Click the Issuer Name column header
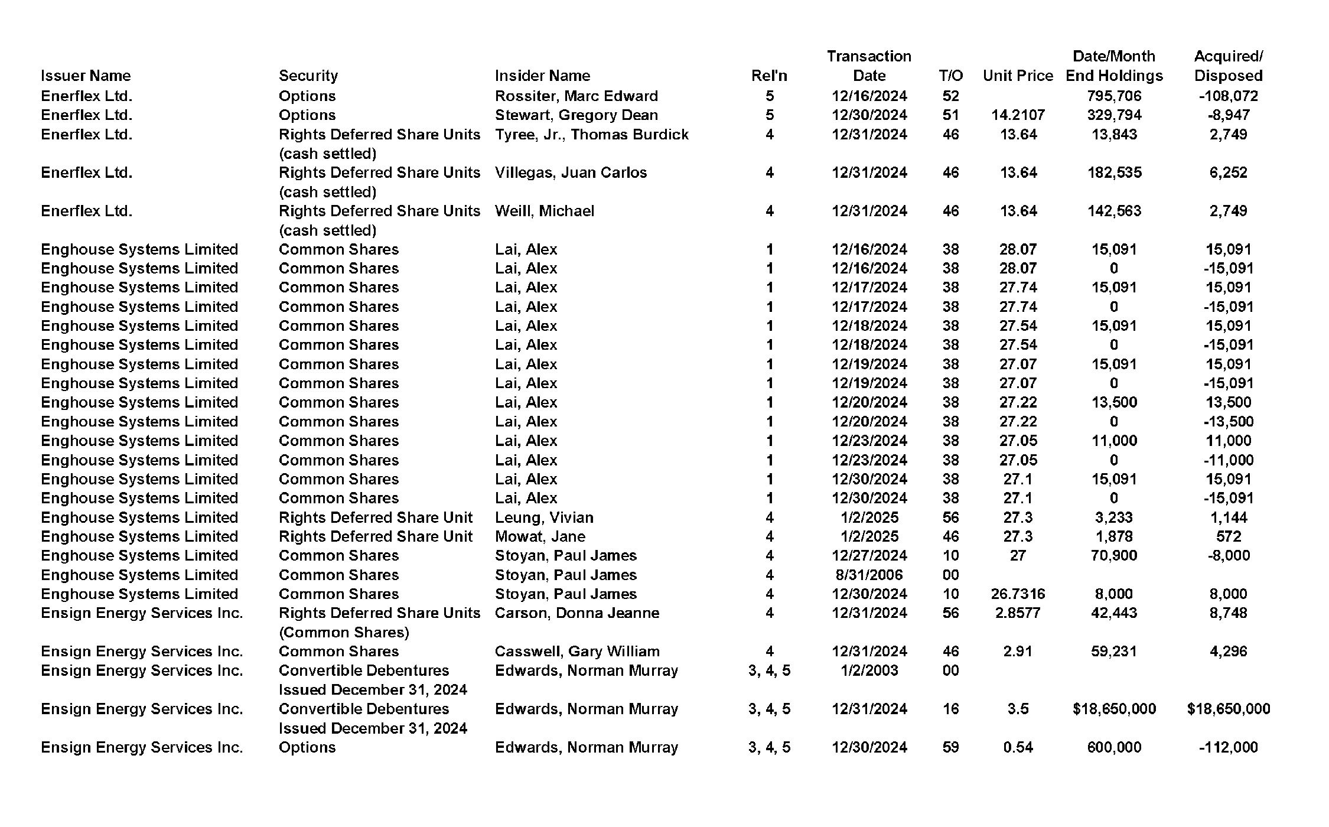tap(86, 76)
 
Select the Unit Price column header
tap(1018, 76)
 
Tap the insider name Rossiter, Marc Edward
tap(576, 96)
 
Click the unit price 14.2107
tap(1018, 115)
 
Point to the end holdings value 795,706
tap(1114, 96)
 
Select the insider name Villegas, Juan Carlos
tap(571, 172)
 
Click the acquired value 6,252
tap(1228, 172)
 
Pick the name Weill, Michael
tap(544, 211)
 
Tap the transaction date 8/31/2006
tap(869, 575)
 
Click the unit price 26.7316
tap(1018, 594)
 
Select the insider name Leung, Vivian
tap(544, 517)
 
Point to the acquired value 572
tap(1228, 536)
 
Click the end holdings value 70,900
tap(1114, 555)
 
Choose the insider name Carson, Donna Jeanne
tap(576, 613)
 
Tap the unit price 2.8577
tap(1018, 613)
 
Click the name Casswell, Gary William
tap(576, 652)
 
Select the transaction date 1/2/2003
tap(869, 670)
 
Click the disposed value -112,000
tap(1228, 747)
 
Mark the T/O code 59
tap(950, 747)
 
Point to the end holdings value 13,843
tap(1114, 135)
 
